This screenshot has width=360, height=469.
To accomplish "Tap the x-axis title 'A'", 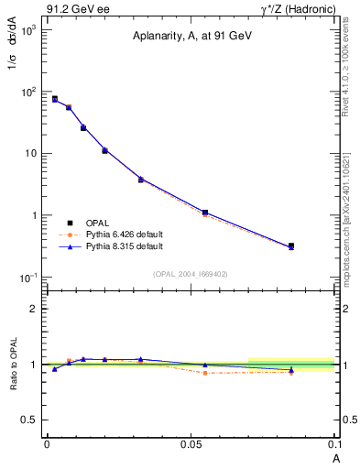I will (x=335, y=457).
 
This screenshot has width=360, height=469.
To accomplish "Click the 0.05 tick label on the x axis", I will (x=190, y=443).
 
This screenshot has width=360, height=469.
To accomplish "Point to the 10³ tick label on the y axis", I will (x=29, y=30).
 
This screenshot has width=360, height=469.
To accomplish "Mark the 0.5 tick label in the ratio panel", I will (x=32, y=420).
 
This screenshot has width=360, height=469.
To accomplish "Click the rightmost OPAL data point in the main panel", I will (x=291, y=245).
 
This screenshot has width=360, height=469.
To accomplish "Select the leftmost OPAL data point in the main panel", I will (x=55, y=98).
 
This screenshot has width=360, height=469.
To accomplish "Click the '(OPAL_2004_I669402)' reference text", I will (x=191, y=273).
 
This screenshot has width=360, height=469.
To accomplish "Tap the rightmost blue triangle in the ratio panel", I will (x=291, y=369).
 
